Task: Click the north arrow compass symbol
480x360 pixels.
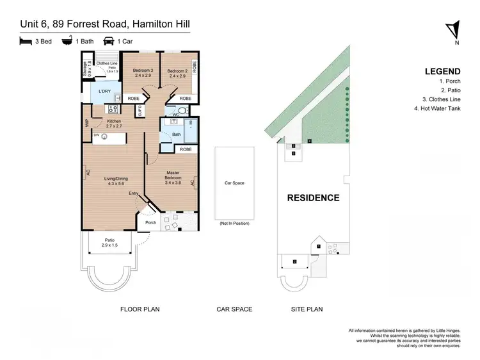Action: point(454,31)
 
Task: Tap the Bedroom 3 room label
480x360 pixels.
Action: point(143,72)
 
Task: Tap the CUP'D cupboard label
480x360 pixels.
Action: point(140,111)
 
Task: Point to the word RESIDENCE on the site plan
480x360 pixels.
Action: point(313,198)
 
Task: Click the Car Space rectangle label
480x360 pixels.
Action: point(234,183)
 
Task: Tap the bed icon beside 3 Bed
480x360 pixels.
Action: point(26,40)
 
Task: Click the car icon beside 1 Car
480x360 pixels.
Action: point(109,40)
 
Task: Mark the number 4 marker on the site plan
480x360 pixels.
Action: point(309,140)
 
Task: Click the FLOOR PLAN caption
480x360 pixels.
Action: point(140,309)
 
